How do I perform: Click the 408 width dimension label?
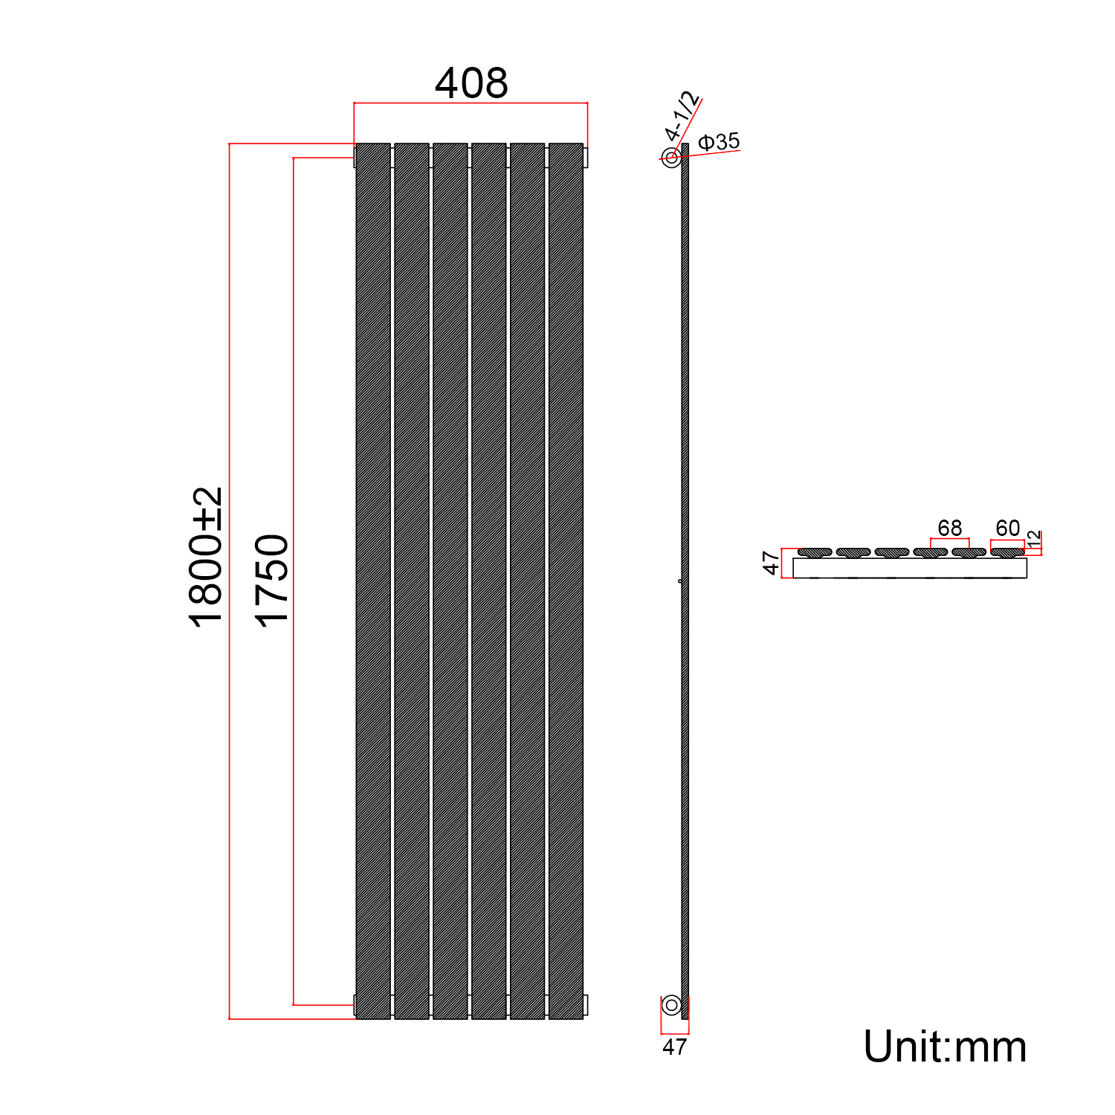tap(471, 83)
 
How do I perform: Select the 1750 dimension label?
tap(271, 581)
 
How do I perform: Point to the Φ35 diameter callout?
tap(720, 141)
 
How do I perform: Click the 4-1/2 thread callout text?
tap(682, 116)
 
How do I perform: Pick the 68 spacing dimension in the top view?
tap(950, 528)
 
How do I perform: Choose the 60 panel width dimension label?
tap(1008, 528)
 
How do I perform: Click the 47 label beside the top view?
tap(772, 563)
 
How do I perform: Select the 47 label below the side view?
tap(674, 1047)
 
